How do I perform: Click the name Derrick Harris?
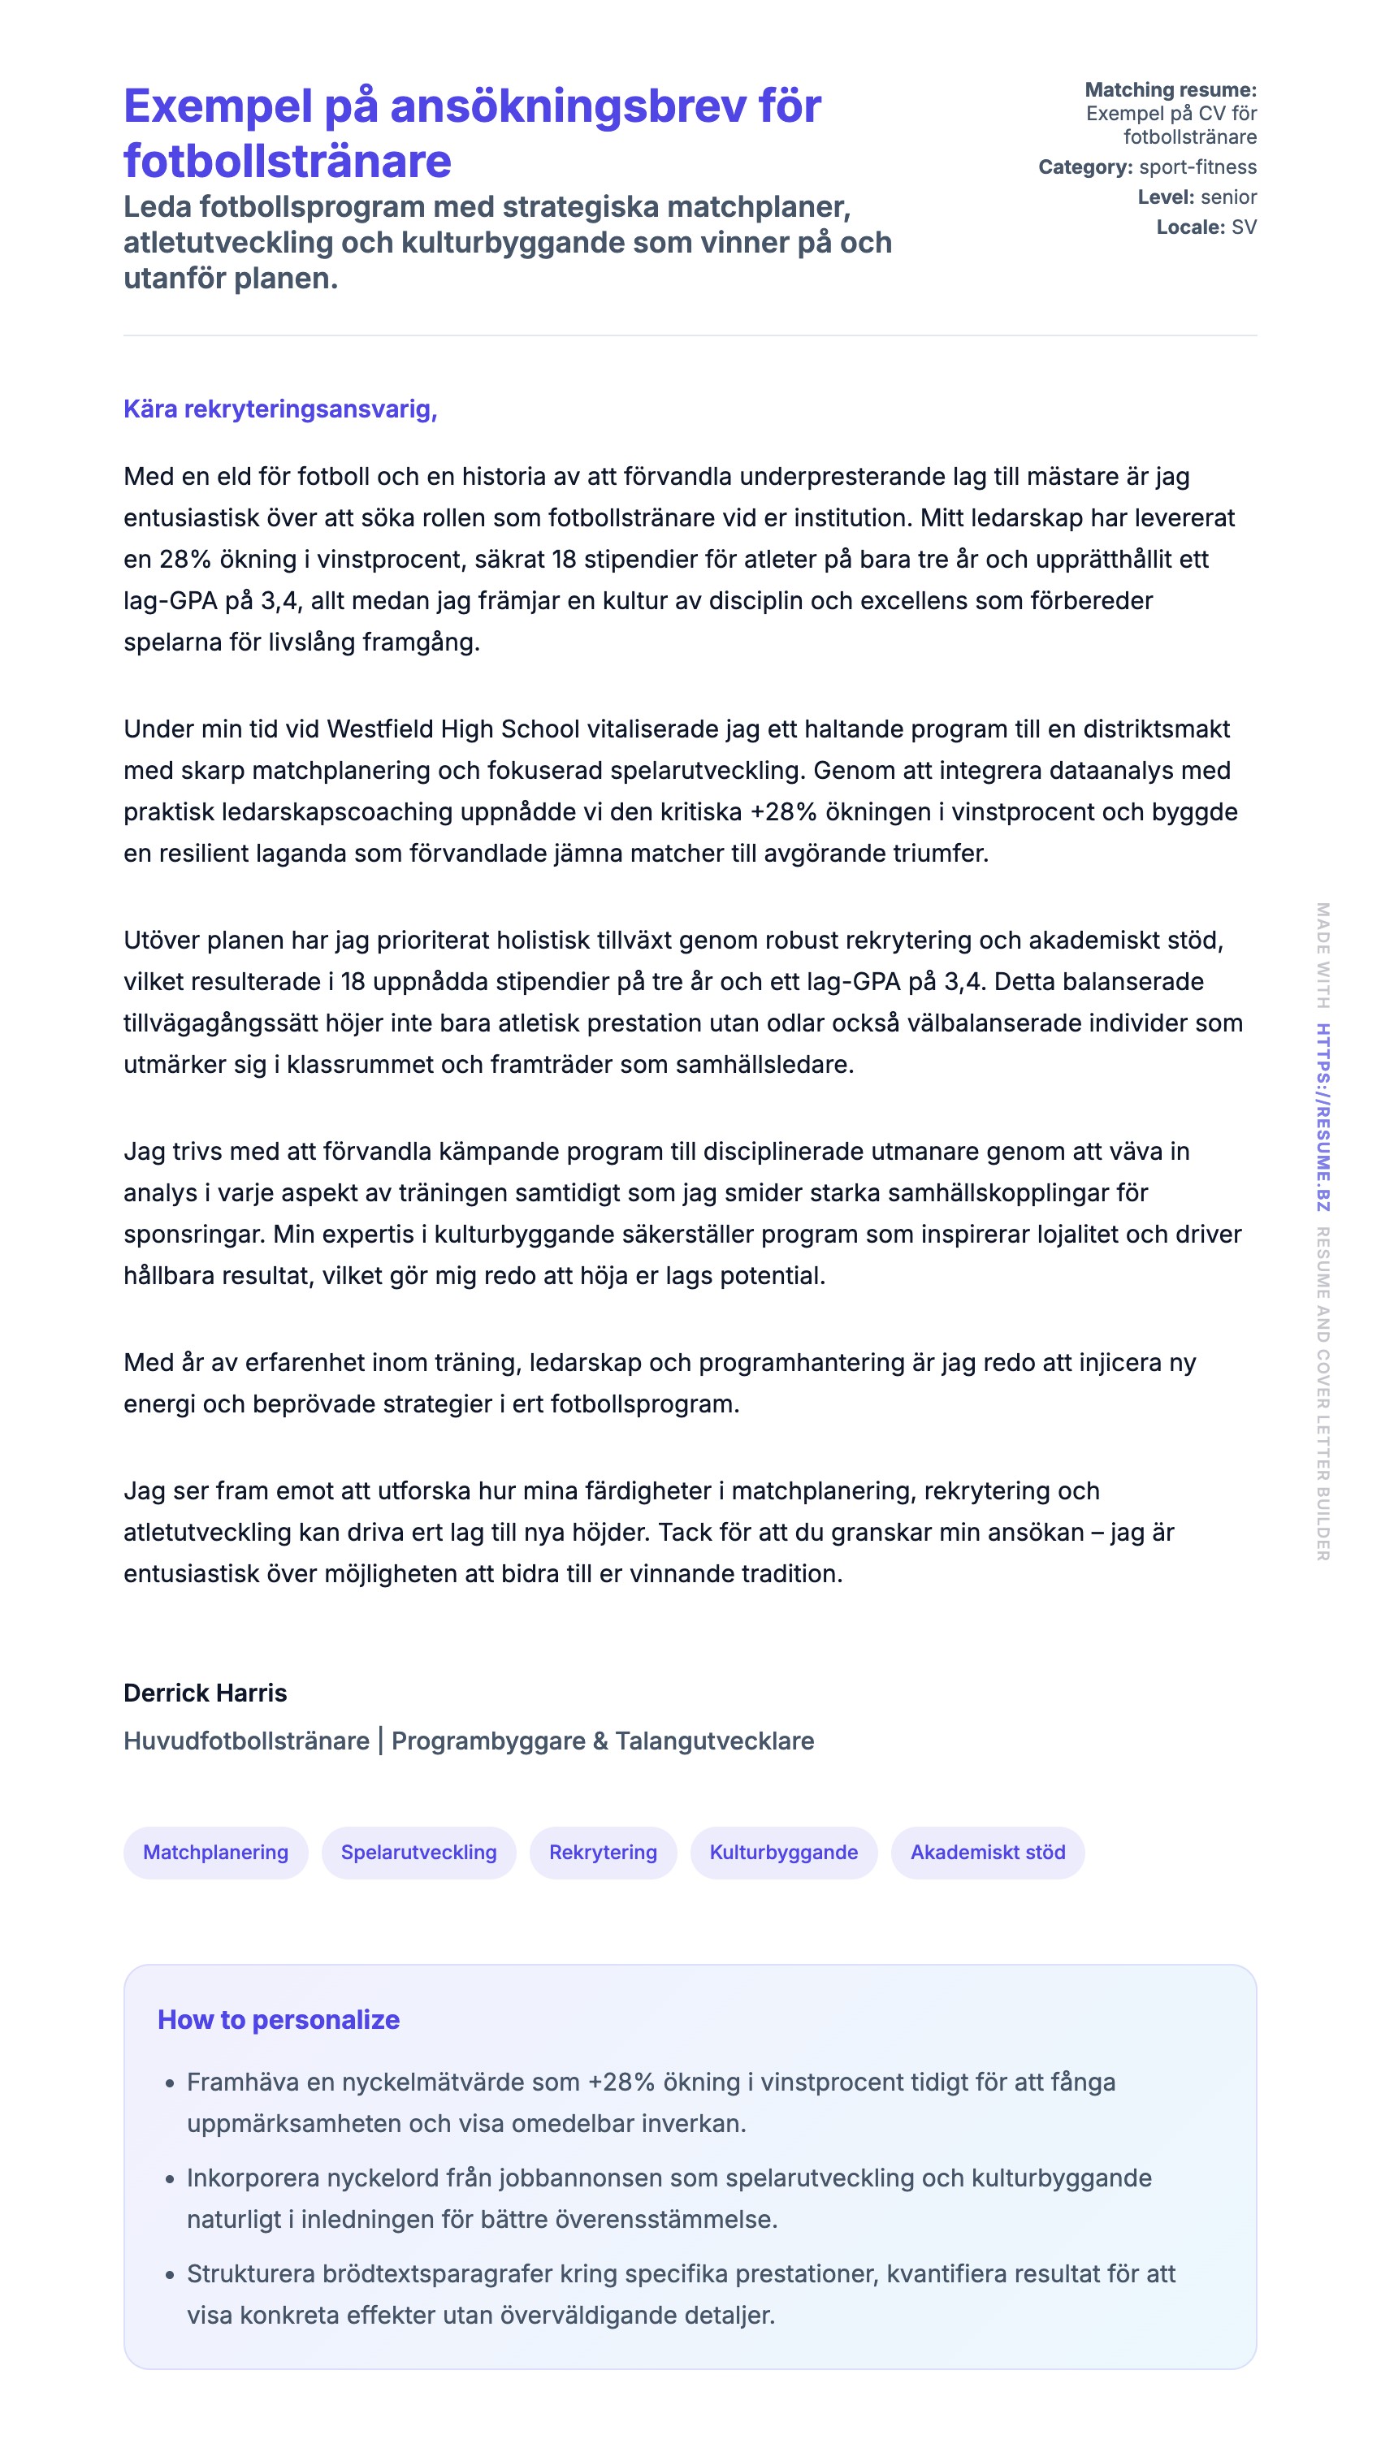(x=206, y=1693)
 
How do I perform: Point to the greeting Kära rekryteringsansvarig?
(x=280, y=409)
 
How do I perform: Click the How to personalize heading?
(x=279, y=2019)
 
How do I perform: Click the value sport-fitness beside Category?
(x=1197, y=167)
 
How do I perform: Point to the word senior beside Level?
(x=1228, y=197)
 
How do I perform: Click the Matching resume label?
(x=1170, y=90)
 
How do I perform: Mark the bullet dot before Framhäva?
(x=170, y=2084)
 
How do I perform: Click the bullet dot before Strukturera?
(x=170, y=2275)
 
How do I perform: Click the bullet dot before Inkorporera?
(x=170, y=2179)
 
